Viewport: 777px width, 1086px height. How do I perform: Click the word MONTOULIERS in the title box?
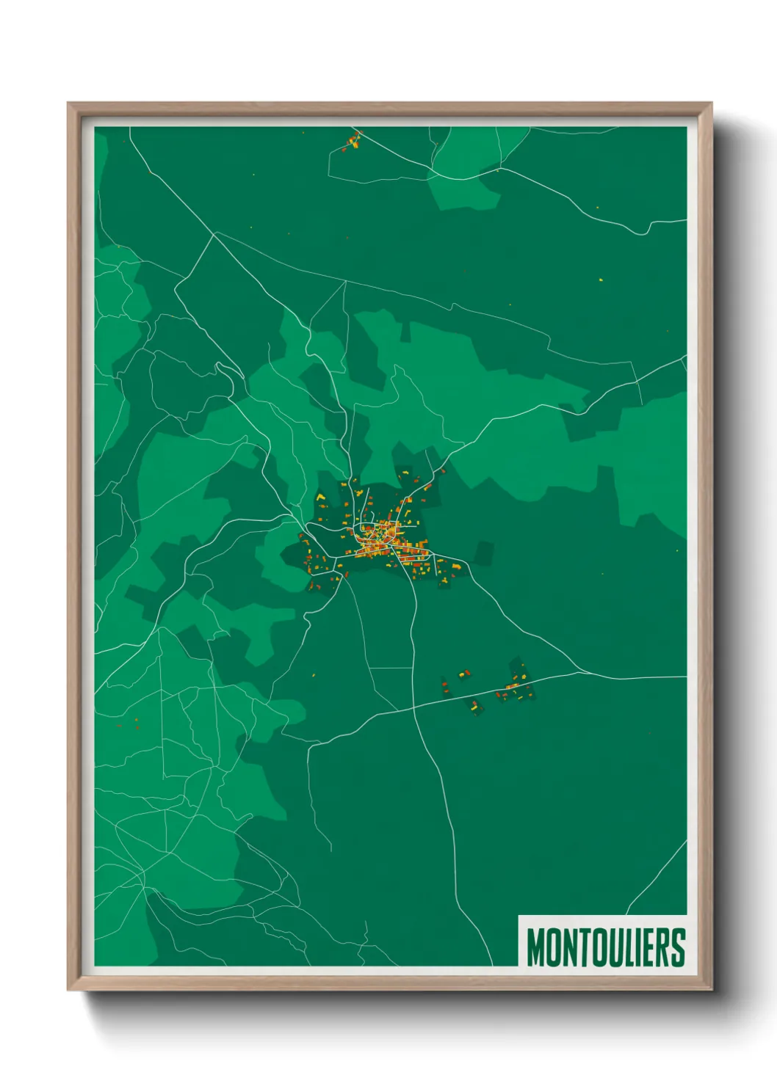pos(606,947)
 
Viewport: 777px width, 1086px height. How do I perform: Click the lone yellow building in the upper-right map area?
pos(601,280)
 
